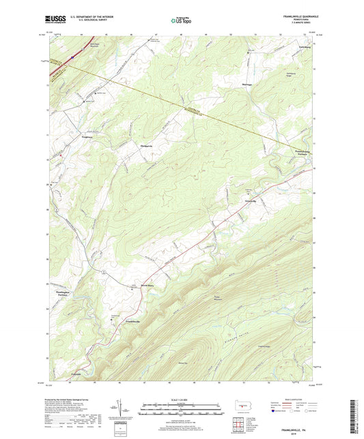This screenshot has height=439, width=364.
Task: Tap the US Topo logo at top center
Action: (x=182, y=21)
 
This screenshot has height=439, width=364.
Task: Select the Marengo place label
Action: (x=249, y=85)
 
